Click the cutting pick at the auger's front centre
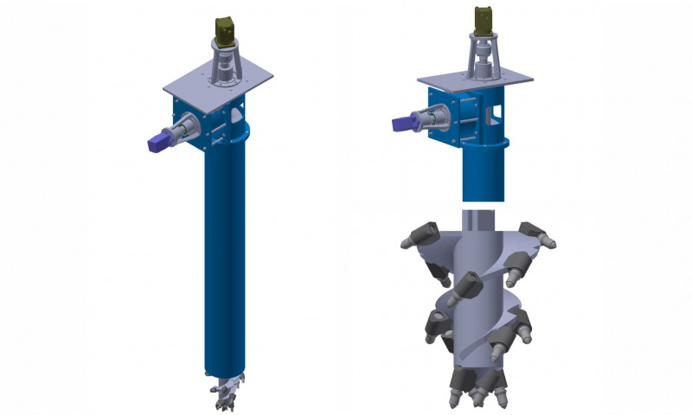coord(469,284)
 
